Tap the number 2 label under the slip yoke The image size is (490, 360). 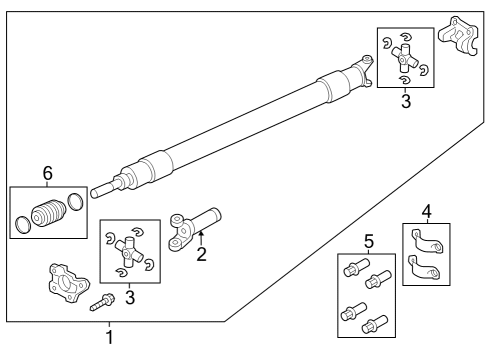[x=201, y=254]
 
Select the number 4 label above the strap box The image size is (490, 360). [x=426, y=212]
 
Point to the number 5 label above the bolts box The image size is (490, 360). [x=368, y=241]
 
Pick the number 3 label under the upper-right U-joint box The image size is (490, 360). [x=405, y=101]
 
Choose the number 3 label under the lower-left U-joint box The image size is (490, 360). [x=129, y=297]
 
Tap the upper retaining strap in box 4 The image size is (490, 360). [x=424, y=240]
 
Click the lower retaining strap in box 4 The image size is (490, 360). [x=426, y=267]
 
